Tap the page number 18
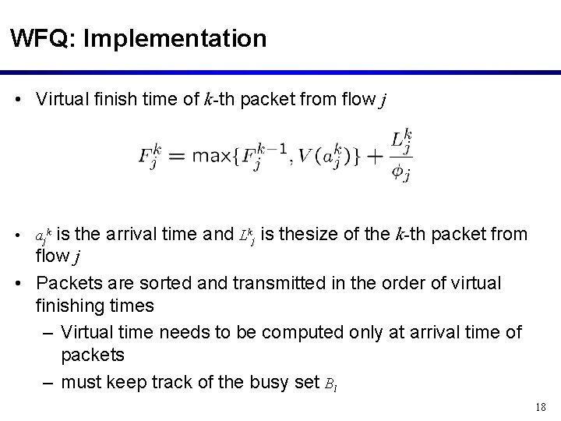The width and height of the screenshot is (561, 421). click(x=542, y=407)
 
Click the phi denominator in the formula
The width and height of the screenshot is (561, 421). click(x=400, y=171)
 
